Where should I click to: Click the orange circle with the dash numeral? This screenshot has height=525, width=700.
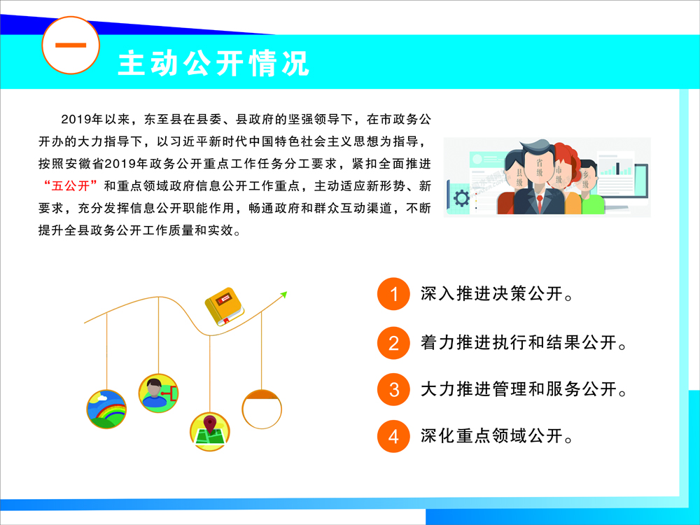[x=71, y=45]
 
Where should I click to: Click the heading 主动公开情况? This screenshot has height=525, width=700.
[x=213, y=63]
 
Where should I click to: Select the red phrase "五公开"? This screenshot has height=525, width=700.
[x=71, y=185]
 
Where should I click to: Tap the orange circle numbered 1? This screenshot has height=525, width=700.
[x=393, y=294]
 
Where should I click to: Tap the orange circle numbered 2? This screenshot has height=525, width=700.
[x=393, y=343]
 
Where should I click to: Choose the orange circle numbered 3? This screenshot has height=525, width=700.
[x=393, y=389]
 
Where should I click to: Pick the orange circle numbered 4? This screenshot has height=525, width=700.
[x=393, y=436]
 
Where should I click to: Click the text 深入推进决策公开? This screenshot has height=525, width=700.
[x=496, y=294]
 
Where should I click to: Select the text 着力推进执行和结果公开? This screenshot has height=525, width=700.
[x=523, y=343]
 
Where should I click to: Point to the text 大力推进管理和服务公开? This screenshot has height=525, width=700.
[x=523, y=389]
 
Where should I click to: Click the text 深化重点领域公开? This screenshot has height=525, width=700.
[x=496, y=436]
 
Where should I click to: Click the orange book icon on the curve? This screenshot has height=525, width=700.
[x=224, y=307]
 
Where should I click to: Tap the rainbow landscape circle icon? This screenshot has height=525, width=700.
[x=106, y=409]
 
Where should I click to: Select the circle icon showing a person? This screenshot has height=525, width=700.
[x=158, y=393]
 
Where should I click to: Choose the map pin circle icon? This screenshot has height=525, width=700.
[x=210, y=432]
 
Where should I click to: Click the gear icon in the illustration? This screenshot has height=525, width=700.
[x=461, y=198]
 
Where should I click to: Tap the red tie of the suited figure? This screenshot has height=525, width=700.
[x=540, y=204]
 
